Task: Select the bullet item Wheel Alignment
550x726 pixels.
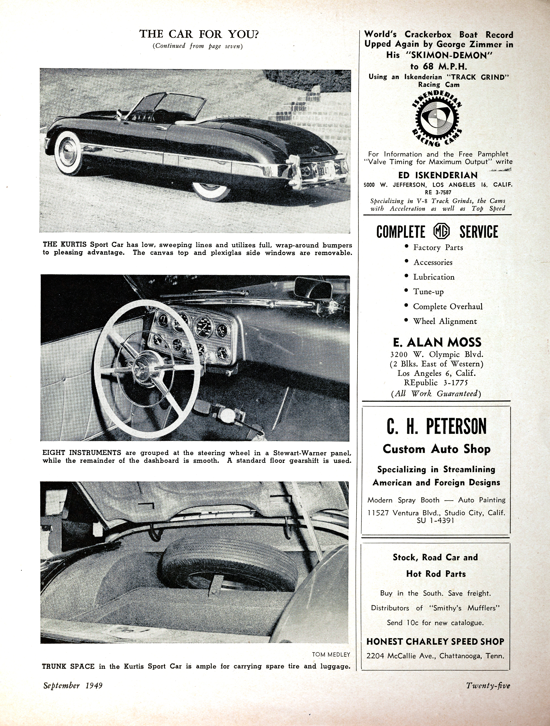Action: pyautogui.click(x=445, y=321)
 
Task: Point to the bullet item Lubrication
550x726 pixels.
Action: pyautogui.click(x=433, y=277)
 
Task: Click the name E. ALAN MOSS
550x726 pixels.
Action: pyautogui.click(x=437, y=342)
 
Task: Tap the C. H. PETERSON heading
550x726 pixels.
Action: pyautogui.click(x=436, y=427)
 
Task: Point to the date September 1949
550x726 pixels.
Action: pyautogui.click(x=73, y=686)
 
